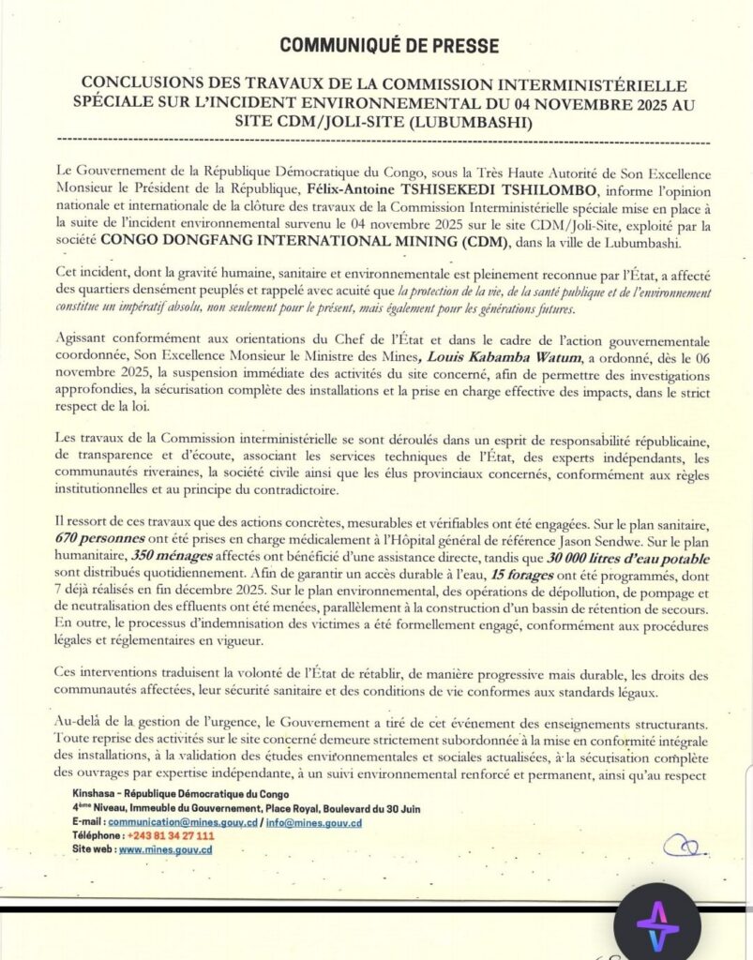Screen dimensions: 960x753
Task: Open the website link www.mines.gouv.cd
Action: click(165, 848)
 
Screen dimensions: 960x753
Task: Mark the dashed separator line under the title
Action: click(376, 142)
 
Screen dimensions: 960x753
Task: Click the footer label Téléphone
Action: click(98, 835)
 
